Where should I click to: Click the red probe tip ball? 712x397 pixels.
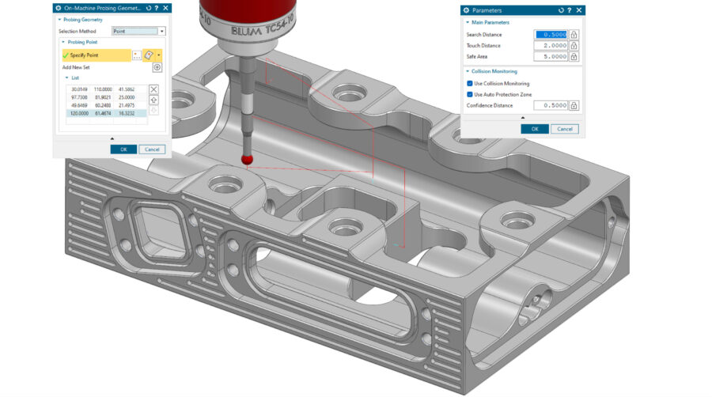pos(248,159)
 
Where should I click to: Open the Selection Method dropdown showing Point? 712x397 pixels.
pos(138,31)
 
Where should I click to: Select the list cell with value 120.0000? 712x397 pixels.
pos(79,114)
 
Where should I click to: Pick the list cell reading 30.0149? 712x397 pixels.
pos(79,89)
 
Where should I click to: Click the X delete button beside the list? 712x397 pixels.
pos(154,89)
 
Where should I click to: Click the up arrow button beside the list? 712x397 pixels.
pos(154,100)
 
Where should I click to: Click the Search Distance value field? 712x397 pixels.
pos(551,34)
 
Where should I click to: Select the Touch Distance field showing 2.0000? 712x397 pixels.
pos(551,46)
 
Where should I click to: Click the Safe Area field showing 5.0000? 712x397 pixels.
pos(551,57)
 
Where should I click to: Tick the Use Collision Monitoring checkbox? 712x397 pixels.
pos(469,83)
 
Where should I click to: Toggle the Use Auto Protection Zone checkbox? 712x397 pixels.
pos(469,94)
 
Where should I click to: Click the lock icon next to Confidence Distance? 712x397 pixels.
pos(574,105)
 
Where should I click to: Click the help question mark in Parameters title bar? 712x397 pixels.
pos(568,10)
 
